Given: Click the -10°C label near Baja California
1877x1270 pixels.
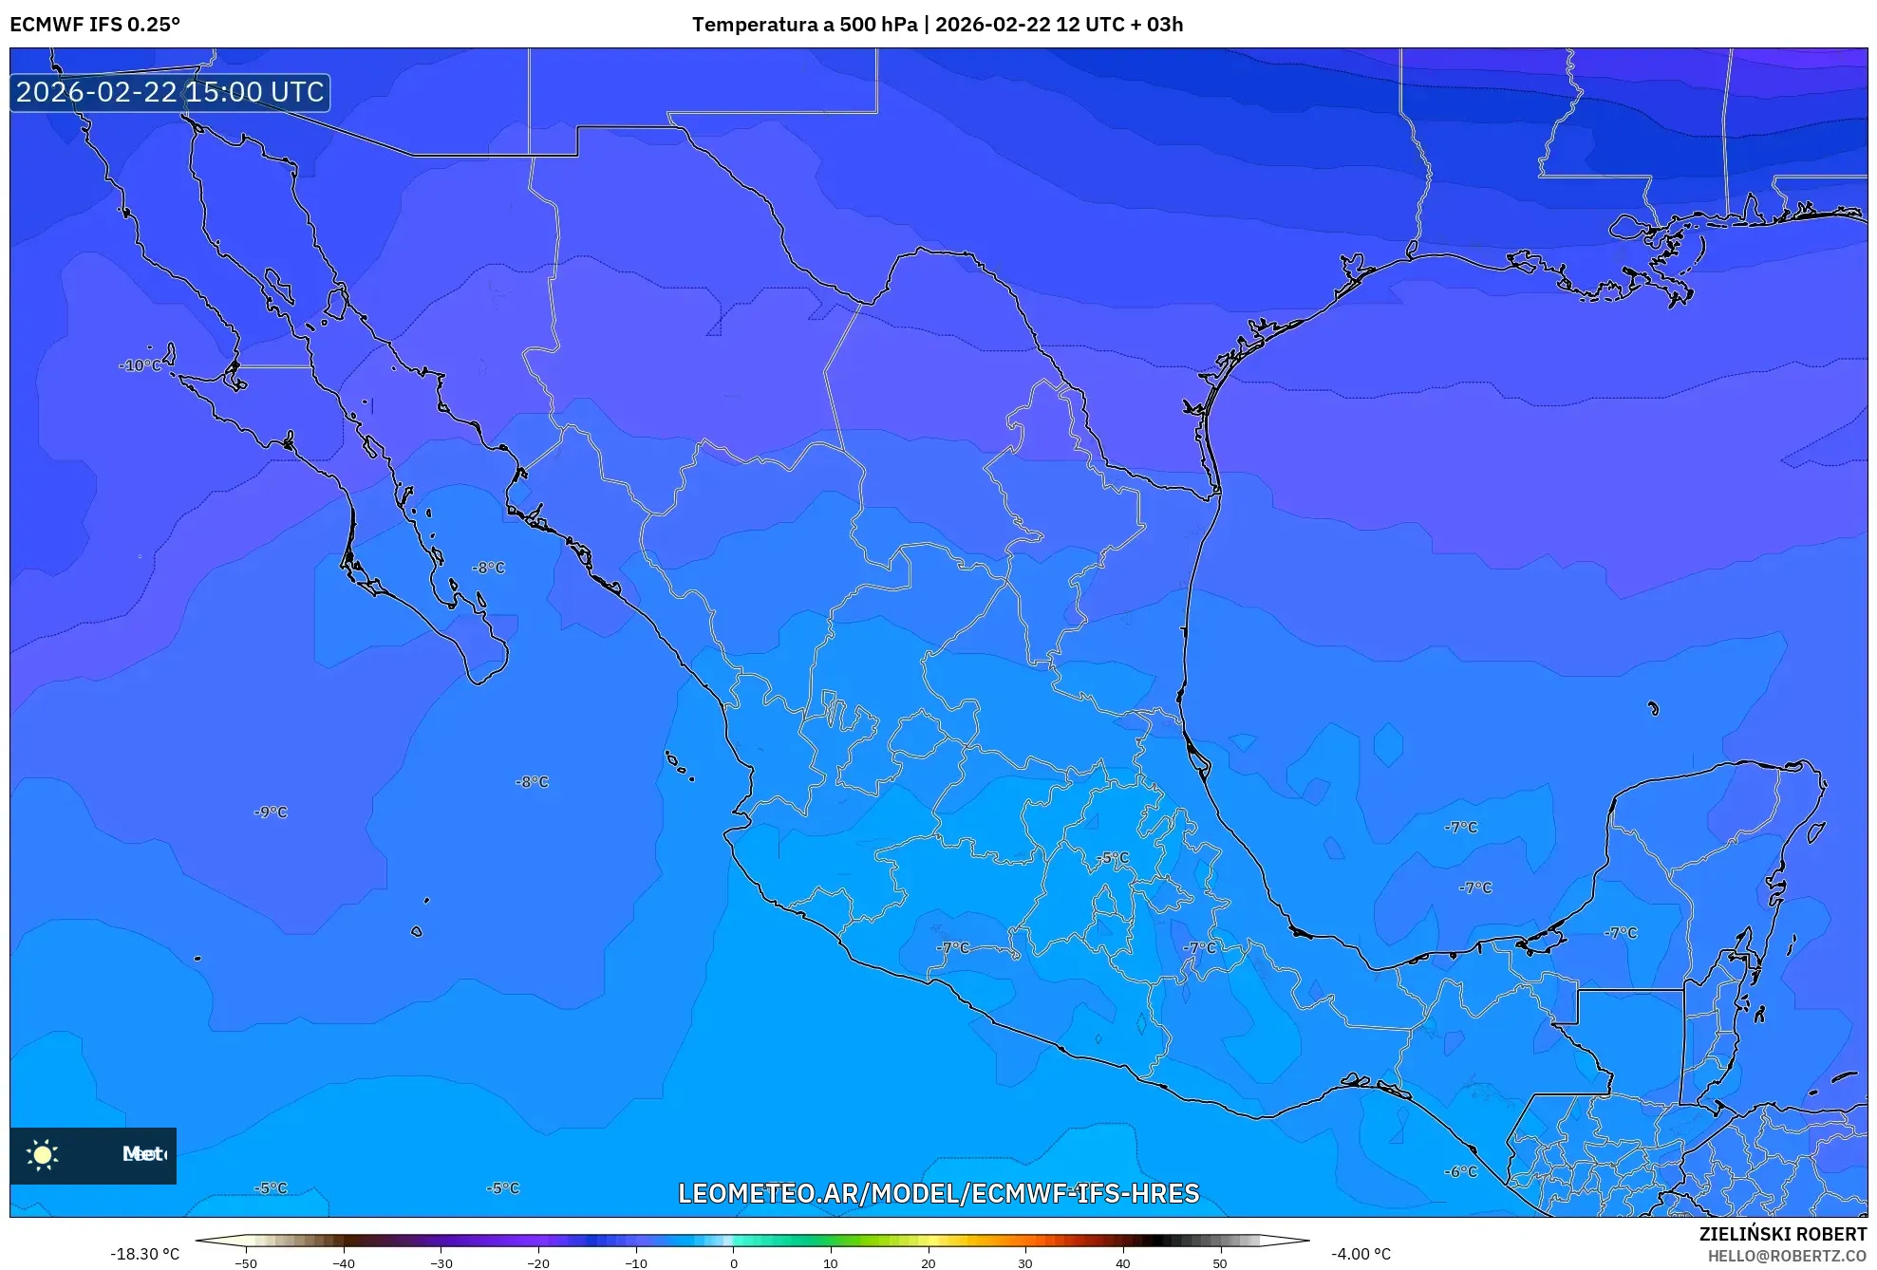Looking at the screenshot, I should [141, 365].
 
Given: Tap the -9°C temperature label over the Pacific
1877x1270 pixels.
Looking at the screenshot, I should [271, 812].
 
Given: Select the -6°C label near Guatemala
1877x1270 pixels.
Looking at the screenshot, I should [1461, 1172].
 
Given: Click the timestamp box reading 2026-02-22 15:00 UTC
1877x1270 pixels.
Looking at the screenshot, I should [170, 92].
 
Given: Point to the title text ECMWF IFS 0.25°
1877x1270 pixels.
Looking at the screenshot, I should [95, 25].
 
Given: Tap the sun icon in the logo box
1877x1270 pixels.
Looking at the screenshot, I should [43, 1155].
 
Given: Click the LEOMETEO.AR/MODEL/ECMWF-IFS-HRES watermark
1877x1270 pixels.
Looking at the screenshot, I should [938, 1194].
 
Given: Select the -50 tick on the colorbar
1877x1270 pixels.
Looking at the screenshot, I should [246, 1263].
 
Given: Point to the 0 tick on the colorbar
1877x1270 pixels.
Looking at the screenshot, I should [733, 1263].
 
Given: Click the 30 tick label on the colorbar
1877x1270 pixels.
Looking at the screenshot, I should [1025, 1263].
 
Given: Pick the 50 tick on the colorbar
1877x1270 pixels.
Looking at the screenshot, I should [1220, 1263].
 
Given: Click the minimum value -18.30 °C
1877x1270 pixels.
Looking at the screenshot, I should [144, 1255].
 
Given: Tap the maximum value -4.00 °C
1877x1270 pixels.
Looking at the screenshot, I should [1361, 1255].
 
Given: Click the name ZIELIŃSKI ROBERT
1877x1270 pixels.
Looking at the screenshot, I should [1782, 1234].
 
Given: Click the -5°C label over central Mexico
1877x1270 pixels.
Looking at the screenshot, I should [1114, 858].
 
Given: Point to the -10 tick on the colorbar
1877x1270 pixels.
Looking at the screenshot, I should [636, 1263].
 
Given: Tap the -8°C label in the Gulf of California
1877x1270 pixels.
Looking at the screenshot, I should [489, 568].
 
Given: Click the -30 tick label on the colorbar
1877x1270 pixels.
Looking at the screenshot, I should [441, 1263].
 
